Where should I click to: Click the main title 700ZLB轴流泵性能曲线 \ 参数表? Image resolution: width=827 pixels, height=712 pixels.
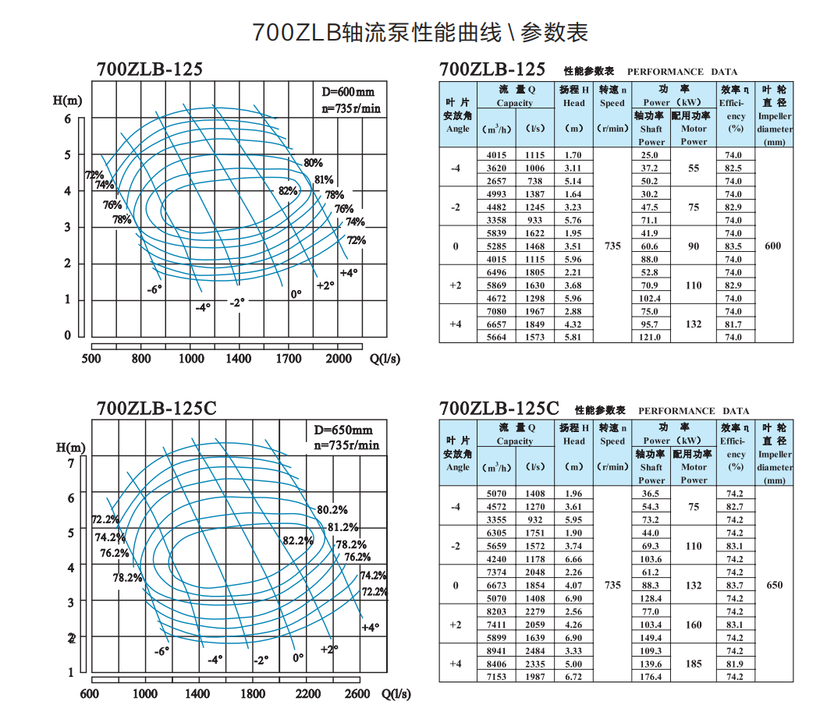(x=420, y=32)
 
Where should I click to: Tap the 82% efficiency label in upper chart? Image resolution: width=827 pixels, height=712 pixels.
(x=288, y=191)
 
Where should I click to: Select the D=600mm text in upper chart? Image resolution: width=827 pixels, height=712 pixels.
(x=349, y=92)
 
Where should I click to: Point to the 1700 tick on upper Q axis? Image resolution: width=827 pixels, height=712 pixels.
(x=289, y=359)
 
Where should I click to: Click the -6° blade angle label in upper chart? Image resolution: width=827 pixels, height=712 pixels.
(x=154, y=289)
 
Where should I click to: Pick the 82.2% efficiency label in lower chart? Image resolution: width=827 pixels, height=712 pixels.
(x=297, y=540)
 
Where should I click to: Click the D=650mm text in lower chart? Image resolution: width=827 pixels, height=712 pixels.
(x=343, y=430)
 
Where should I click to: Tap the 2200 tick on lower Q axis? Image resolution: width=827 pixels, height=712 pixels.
(x=307, y=694)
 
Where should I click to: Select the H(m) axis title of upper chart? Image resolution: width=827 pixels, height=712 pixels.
(x=68, y=100)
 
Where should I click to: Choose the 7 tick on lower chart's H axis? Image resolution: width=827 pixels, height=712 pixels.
(x=70, y=463)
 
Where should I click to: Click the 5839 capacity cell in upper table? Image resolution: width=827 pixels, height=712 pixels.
(x=496, y=233)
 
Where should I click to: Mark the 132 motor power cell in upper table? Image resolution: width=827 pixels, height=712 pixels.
(x=694, y=324)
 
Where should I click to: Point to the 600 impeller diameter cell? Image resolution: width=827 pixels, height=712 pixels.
(x=772, y=246)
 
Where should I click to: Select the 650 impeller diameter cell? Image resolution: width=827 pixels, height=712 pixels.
(x=774, y=586)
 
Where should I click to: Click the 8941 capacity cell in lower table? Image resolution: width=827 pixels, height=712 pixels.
(x=496, y=651)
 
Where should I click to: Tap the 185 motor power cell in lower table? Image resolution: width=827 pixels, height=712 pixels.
(x=694, y=664)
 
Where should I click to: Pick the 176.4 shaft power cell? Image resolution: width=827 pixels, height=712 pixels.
(x=651, y=677)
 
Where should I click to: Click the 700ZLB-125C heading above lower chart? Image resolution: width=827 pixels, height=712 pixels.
(x=156, y=409)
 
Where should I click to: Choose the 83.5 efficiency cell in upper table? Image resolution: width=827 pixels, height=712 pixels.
(x=733, y=246)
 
